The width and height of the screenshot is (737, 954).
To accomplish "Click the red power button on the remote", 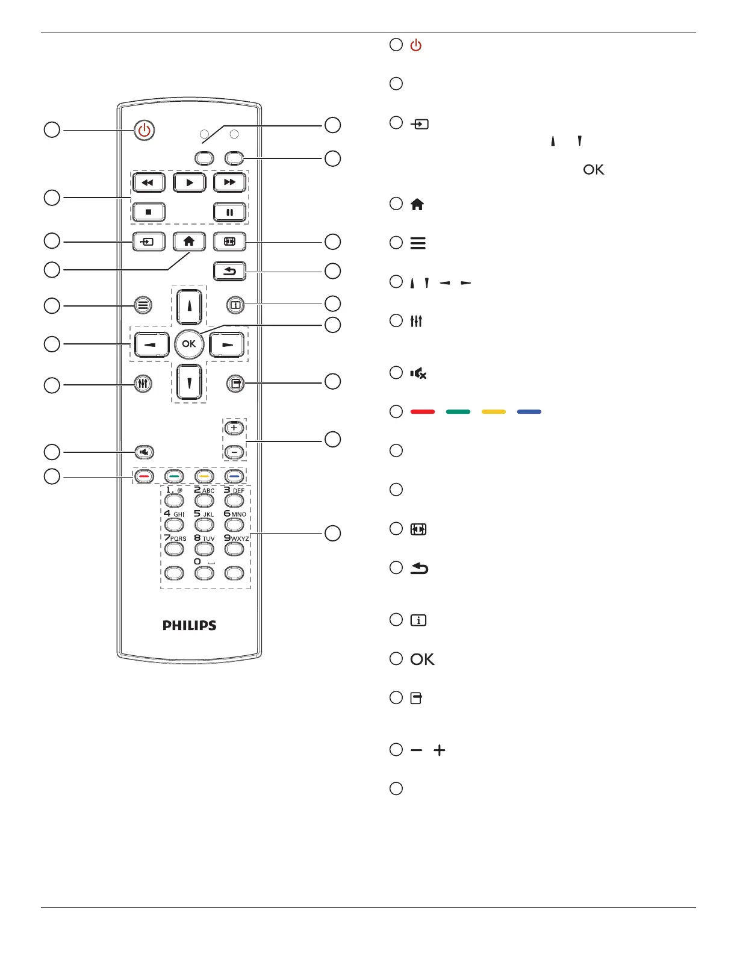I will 144,130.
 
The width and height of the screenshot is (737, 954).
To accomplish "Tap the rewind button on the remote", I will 148,182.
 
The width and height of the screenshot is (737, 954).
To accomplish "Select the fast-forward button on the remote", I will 229,182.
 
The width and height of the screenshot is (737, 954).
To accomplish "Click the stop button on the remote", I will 148,212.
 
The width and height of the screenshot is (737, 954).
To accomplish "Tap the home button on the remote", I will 189,242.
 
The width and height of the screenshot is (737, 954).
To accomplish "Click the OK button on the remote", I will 189,344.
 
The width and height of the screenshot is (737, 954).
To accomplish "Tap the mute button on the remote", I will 144,452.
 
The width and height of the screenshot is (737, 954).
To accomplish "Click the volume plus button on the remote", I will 234,428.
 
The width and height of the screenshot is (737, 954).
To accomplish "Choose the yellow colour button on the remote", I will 204,476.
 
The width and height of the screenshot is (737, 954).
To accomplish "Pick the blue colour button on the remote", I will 234,476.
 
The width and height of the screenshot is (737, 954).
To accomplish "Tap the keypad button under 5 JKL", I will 204,525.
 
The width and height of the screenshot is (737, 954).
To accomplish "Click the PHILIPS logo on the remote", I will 189,625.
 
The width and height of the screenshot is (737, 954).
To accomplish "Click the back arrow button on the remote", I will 229,271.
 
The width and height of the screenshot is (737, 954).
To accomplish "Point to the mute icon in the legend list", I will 418,373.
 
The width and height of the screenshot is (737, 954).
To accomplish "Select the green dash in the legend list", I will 458,412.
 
